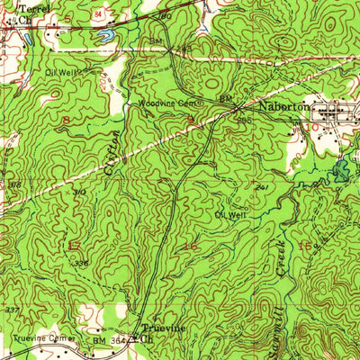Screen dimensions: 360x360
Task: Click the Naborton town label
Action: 279,106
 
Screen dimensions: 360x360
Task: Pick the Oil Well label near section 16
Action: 229,214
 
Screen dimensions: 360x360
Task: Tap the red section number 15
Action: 305,245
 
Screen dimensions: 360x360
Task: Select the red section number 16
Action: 190,245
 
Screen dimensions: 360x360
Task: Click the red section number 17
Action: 74,245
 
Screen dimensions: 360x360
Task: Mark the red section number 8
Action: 66,119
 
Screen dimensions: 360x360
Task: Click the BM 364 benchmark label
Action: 105,342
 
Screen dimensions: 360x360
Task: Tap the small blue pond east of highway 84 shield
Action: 108,37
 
